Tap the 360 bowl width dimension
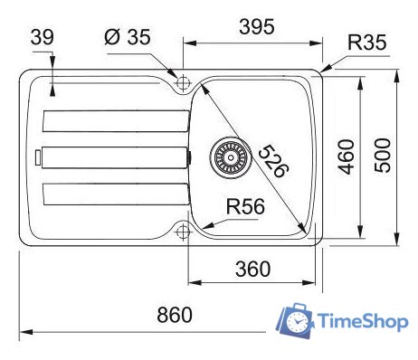point(252,269)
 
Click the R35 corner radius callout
point(366,41)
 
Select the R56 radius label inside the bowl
point(245,207)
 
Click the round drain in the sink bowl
point(227,156)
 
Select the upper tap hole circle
point(182,81)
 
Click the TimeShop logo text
point(361,322)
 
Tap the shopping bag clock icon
point(295,321)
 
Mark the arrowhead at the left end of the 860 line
point(24,332)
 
